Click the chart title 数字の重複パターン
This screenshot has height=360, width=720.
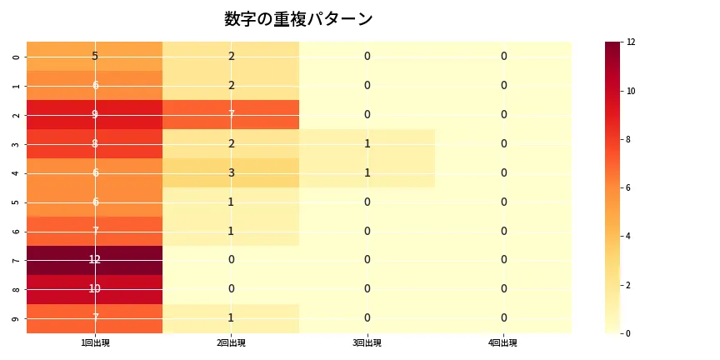click(x=298, y=19)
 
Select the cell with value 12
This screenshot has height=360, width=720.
click(x=95, y=260)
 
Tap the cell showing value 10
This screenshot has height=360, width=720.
click(x=95, y=289)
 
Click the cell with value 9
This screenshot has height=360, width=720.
click(x=95, y=114)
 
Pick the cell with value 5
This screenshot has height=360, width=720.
click(x=95, y=56)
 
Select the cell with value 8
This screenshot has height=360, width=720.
click(x=95, y=143)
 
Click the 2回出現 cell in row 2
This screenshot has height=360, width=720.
click(x=231, y=114)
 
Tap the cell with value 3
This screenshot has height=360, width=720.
click(x=231, y=172)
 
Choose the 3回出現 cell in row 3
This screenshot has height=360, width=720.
click(x=367, y=143)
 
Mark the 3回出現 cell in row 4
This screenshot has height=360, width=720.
click(x=367, y=172)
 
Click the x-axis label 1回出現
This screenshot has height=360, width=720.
click(x=95, y=343)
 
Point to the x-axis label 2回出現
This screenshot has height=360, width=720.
click(x=231, y=343)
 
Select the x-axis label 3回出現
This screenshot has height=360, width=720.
click(x=367, y=343)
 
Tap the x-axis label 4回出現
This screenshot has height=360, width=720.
click(x=503, y=343)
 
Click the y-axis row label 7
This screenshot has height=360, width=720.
click(x=17, y=260)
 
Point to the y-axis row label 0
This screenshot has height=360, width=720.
click(x=17, y=56)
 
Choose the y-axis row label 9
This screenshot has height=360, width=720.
click(x=17, y=318)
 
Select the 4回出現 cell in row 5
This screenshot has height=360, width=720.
click(x=503, y=202)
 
